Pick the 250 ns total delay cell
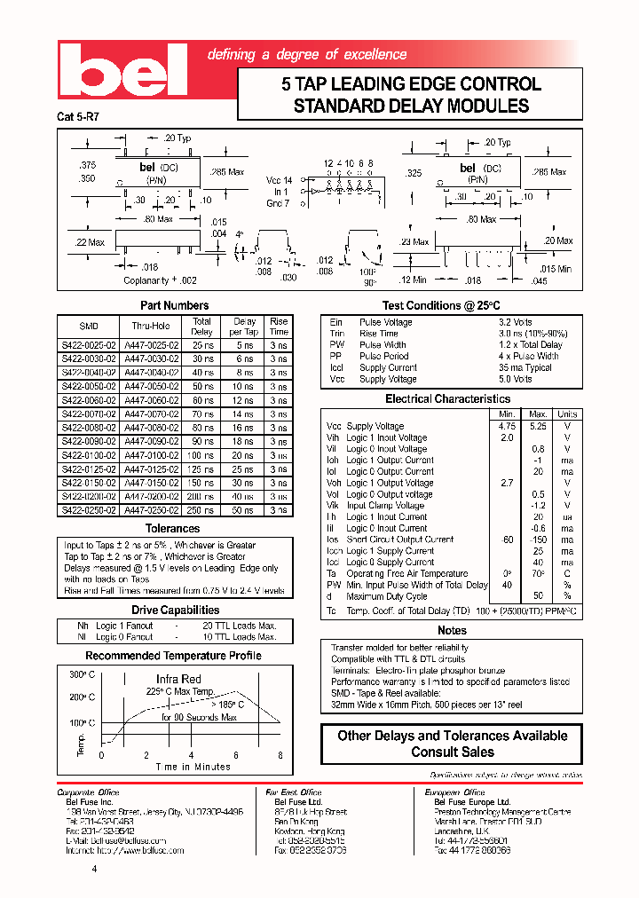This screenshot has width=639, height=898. point(201,510)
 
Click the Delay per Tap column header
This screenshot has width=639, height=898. point(243,327)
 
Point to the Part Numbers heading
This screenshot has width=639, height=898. point(175,305)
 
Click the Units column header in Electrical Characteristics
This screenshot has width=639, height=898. point(566,414)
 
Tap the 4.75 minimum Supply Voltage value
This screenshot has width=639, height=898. point(507,426)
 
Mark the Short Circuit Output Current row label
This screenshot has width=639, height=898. point(399,540)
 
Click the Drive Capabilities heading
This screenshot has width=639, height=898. point(175,610)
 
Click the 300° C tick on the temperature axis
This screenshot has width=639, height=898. point(81,675)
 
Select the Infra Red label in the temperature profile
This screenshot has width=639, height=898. point(179,679)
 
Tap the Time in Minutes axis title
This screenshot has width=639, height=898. point(193,767)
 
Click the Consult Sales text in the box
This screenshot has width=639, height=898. point(452,752)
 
